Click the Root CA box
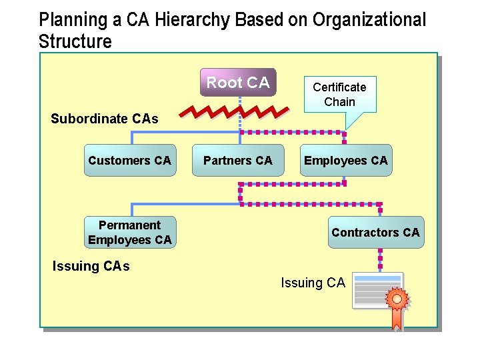(238, 83)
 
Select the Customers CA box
(130, 161)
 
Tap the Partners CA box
(238, 161)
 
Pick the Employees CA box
(345, 161)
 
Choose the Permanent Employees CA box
(130, 233)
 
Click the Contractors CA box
(375, 233)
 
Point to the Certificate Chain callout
(339, 94)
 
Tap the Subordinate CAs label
(105, 119)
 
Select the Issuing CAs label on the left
(91, 267)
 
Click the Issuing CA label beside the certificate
(313, 283)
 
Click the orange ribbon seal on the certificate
(397, 303)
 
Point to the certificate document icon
(377, 291)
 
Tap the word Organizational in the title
(367, 20)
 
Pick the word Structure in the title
(75, 41)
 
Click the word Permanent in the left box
(130, 225)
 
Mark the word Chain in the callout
(339, 102)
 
